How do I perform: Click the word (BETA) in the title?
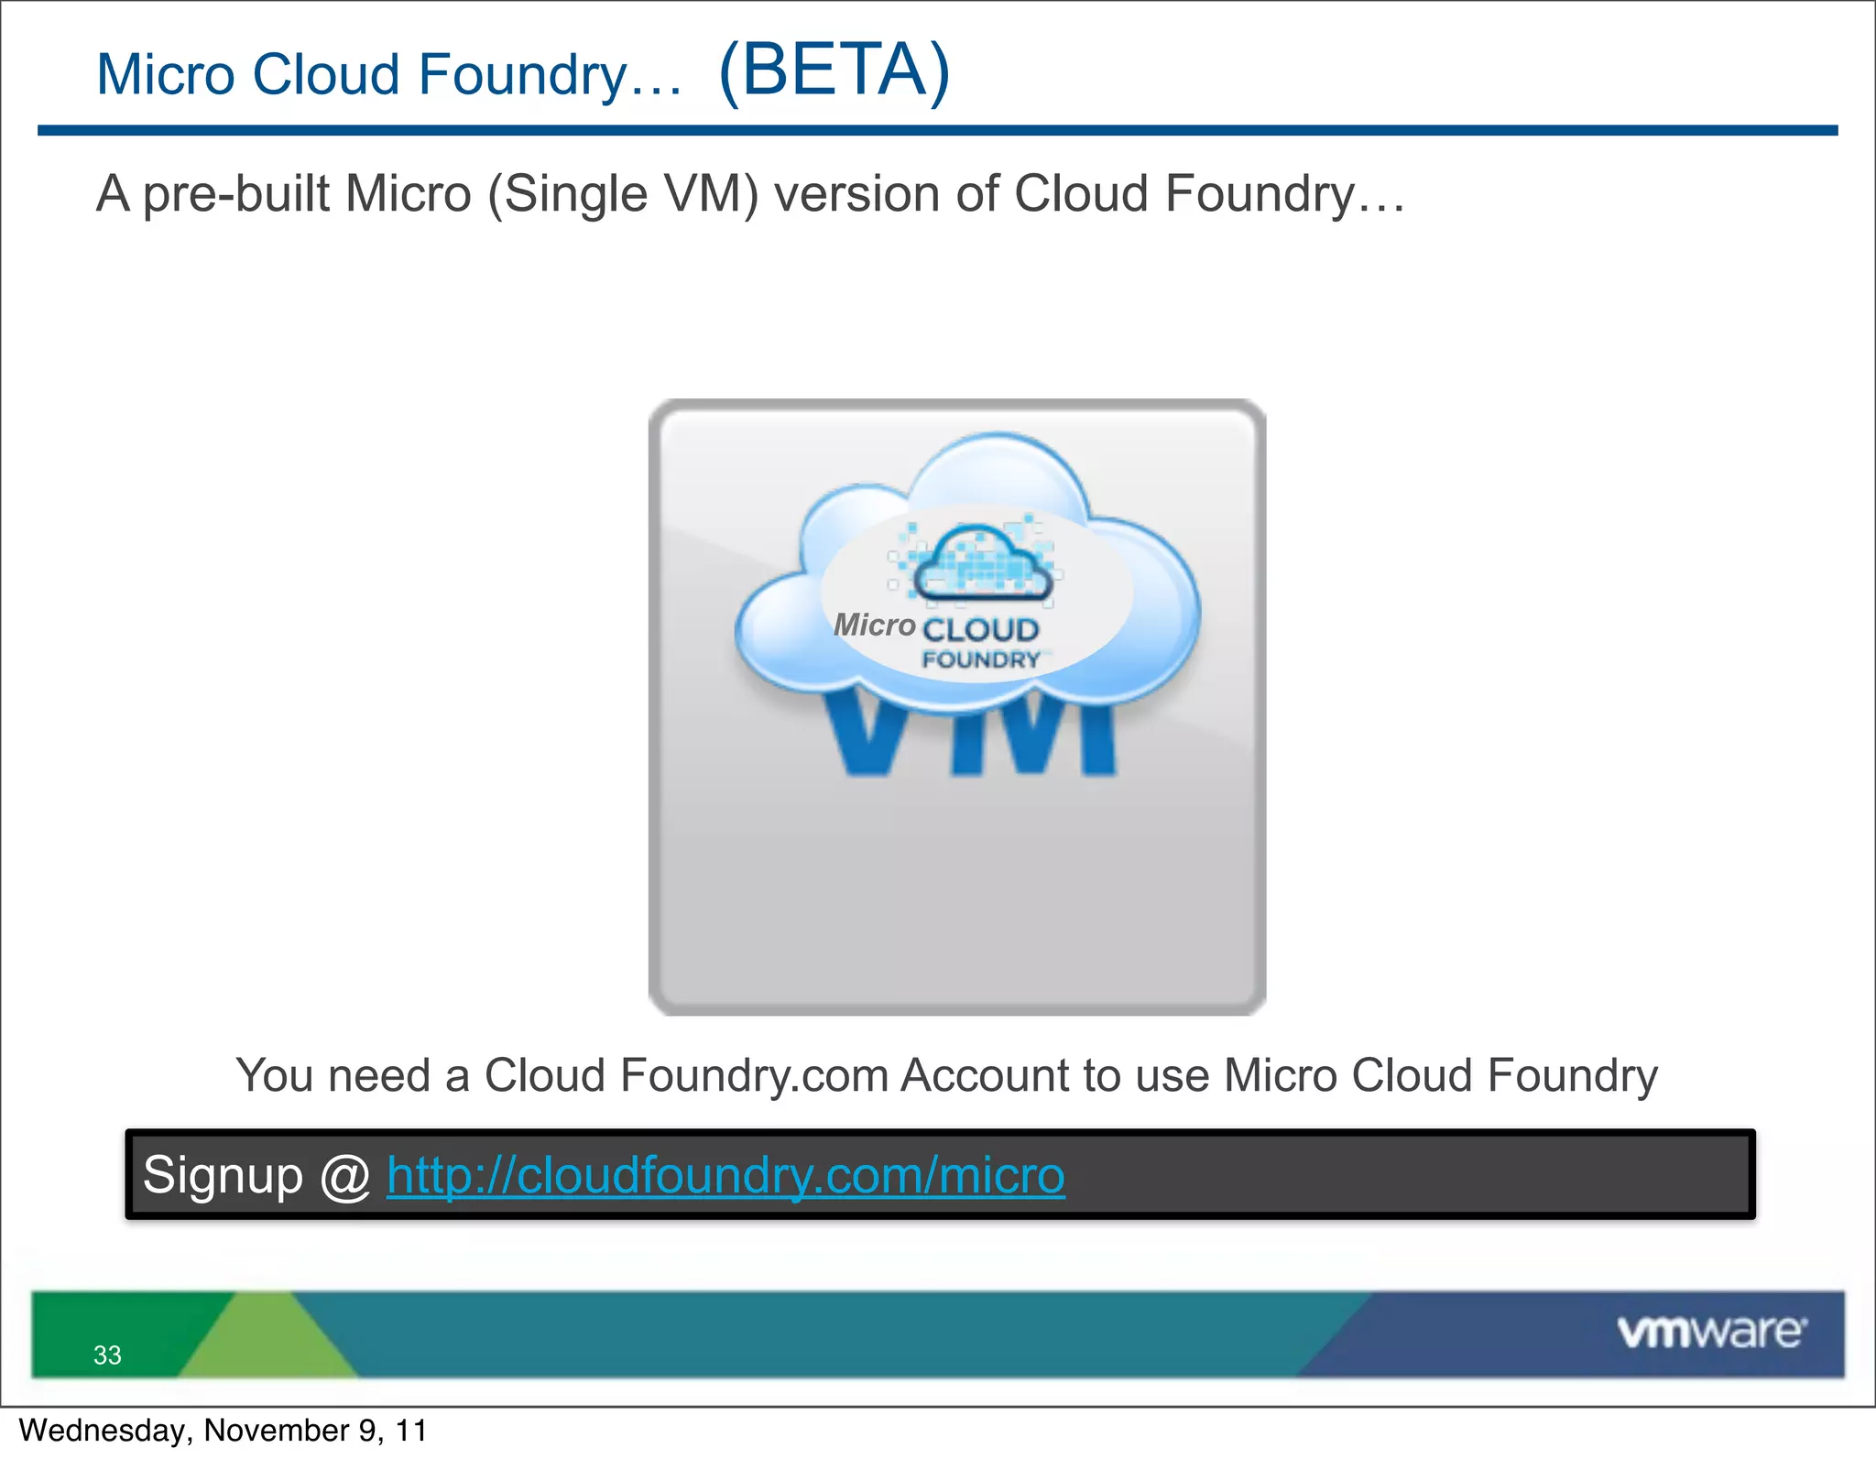(x=834, y=71)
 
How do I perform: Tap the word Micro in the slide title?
(x=165, y=74)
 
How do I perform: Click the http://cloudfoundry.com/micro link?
(x=725, y=1175)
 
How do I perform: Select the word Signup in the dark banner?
(x=223, y=1176)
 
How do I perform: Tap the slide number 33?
(x=107, y=1355)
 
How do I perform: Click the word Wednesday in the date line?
(x=101, y=1431)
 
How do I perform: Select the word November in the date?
(x=277, y=1431)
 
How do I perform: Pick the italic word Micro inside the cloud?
(x=875, y=625)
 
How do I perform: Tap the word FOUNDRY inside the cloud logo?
(x=981, y=659)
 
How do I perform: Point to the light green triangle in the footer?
(x=267, y=1342)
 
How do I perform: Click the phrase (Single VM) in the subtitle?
(x=623, y=194)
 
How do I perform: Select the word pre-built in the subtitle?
(x=236, y=194)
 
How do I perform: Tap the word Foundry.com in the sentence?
(x=755, y=1075)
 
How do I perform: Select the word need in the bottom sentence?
(x=378, y=1075)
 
